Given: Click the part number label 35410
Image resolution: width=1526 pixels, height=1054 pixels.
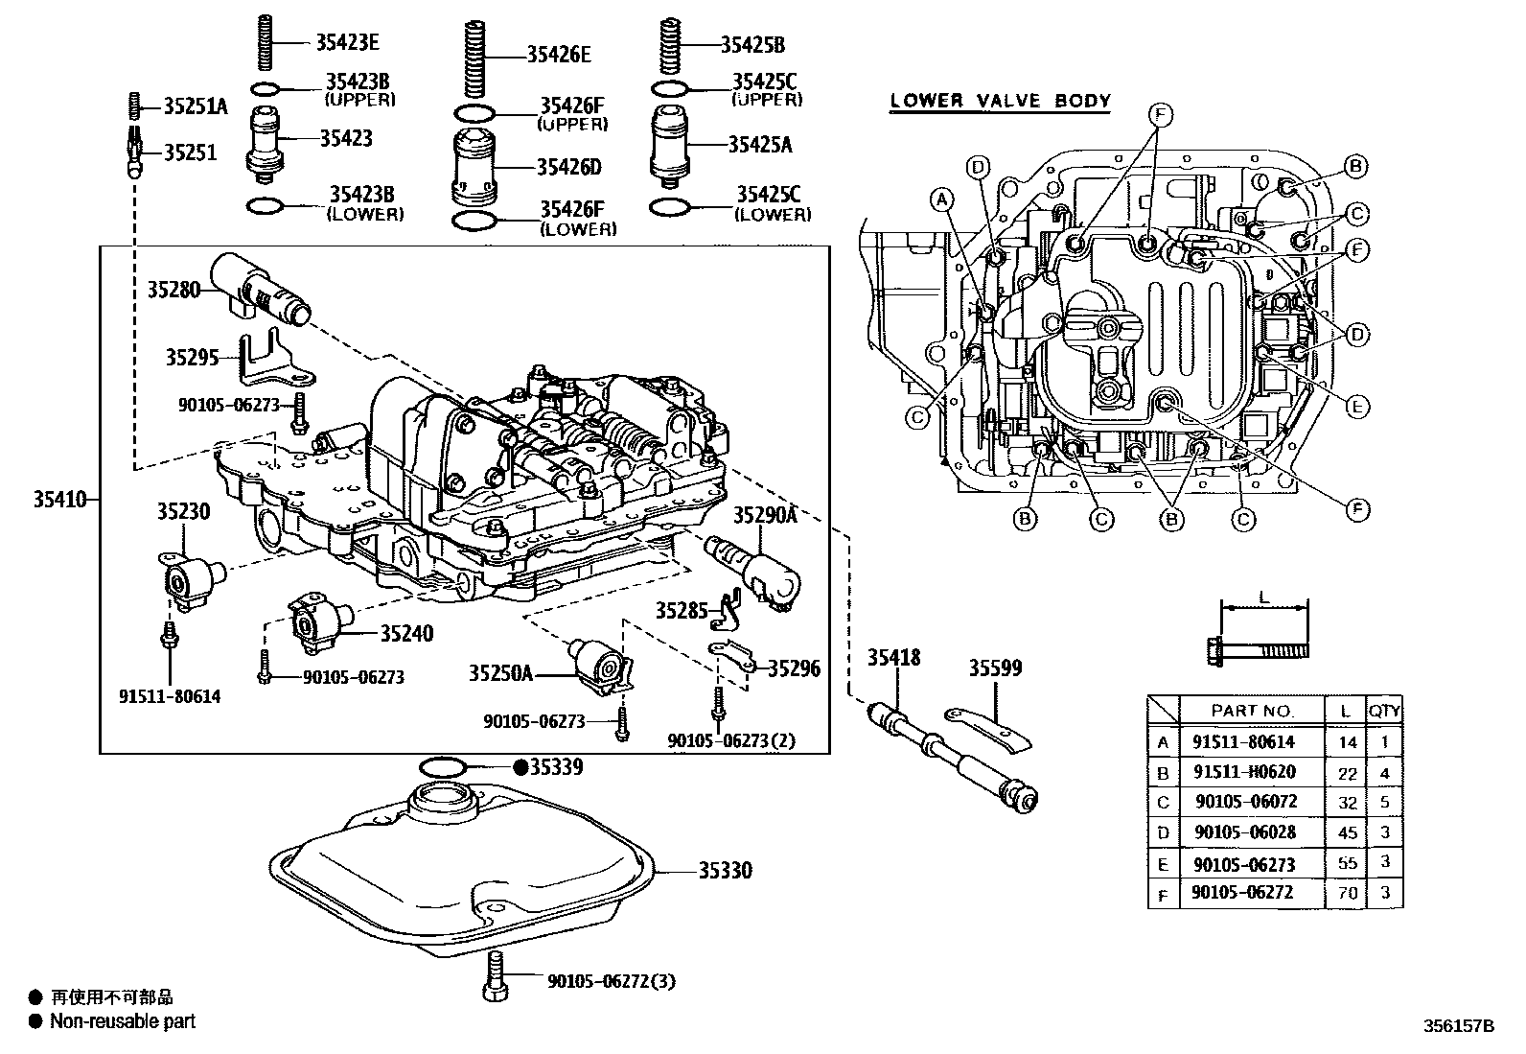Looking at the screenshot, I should click(59, 499).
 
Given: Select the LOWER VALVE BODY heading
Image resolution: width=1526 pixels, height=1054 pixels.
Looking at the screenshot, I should click(1000, 101).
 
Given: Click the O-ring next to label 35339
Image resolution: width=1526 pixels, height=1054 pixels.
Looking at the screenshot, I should click(443, 767).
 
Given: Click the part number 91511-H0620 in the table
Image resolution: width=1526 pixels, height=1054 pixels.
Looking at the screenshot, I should click(1243, 772).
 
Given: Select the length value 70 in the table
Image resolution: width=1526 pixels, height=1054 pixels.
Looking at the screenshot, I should click(1348, 893).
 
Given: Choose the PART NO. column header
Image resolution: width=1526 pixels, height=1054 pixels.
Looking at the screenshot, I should click(1251, 712).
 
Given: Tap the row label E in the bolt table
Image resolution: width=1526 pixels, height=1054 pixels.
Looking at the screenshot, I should click(1163, 864).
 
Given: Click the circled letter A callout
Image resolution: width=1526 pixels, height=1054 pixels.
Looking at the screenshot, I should click(942, 199).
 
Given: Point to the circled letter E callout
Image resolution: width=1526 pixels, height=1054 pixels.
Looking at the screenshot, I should click(1355, 407).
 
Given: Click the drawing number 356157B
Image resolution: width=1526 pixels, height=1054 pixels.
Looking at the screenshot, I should click(1458, 1025).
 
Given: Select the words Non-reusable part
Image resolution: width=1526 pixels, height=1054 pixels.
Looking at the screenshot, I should click(123, 1022).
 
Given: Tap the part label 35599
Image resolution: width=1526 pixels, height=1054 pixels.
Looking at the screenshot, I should click(994, 668).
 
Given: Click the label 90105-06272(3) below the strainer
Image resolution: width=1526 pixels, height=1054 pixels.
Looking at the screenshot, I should click(612, 981).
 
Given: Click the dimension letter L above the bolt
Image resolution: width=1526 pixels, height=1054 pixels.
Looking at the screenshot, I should click(1263, 597).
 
